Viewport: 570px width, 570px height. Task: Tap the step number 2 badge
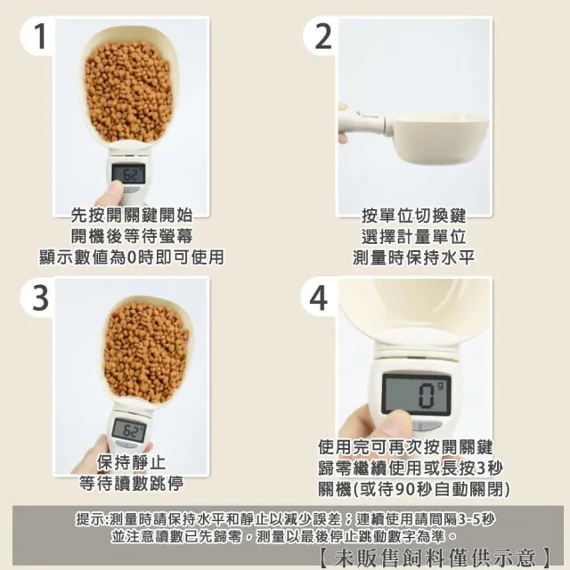[x=322, y=36]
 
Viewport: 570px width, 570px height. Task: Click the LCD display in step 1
[x=128, y=174]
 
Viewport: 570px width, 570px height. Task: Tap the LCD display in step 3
[x=128, y=429]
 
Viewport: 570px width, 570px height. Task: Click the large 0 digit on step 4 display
[x=426, y=395]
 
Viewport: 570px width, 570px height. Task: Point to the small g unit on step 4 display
[x=441, y=387]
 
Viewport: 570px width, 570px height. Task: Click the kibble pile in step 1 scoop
[x=128, y=91]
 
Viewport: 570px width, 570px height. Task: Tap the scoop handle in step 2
[x=362, y=124]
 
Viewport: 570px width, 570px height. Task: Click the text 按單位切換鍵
[x=413, y=216]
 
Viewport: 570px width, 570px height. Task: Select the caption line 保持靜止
[x=131, y=463]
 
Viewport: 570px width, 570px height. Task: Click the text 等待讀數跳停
[x=131, y=484]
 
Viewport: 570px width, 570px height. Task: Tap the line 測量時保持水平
[x=413, y=257]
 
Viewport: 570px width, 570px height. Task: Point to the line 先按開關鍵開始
[x=131, y=216]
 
